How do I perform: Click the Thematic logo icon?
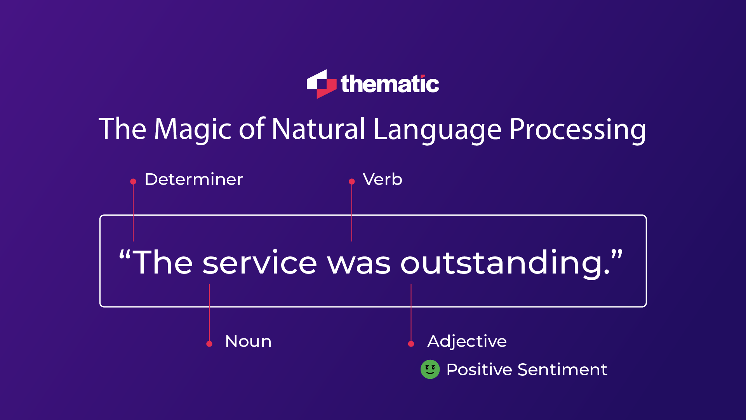[321, 84]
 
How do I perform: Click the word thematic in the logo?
[390, 84]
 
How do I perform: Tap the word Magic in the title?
[193, 129]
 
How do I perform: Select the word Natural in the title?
[318, 129]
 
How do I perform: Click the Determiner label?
[194, 180]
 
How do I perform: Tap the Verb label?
[383, 180]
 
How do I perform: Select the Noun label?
[248, 342]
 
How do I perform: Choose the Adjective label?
[467, 342]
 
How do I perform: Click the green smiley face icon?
[430, 369]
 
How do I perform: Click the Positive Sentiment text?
[527, 369]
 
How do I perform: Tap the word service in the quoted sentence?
[259, 263]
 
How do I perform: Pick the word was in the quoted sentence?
[359, 263]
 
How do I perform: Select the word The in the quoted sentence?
[163, 263]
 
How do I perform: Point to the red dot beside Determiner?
[133, 181]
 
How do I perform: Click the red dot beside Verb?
[352, 181]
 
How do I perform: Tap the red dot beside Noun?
[209, 344]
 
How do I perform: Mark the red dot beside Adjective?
[411, 344]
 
